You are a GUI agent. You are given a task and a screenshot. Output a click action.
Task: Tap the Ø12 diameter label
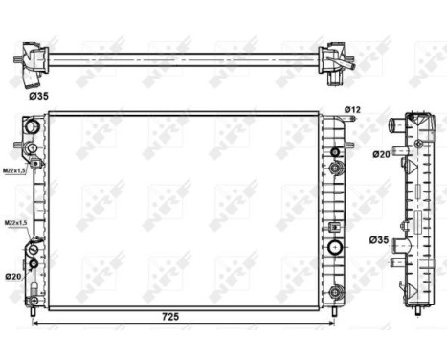(352, 112)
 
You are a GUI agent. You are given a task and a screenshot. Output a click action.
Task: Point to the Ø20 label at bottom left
(13, 277)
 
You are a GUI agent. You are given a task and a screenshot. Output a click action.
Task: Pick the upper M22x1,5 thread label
(14, 171)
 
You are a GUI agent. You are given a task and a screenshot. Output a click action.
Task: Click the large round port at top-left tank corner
(32, 126)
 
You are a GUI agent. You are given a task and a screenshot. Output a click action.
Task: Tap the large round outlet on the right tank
(335, 248)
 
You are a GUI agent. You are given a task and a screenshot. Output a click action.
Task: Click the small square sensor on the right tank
(333, 228)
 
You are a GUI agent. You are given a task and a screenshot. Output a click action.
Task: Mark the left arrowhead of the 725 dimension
(36, 323)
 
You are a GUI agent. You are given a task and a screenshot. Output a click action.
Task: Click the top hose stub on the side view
(393, 125)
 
